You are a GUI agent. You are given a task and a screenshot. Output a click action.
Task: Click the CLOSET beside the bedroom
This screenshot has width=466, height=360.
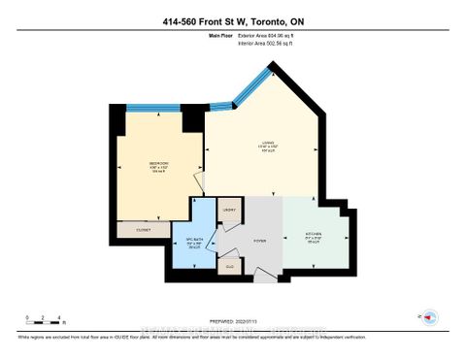tap(143, 231)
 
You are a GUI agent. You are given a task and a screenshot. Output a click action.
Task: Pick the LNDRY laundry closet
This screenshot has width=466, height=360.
tap(229, 211)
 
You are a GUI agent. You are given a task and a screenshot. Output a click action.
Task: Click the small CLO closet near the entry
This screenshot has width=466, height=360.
tap(230, 265)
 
